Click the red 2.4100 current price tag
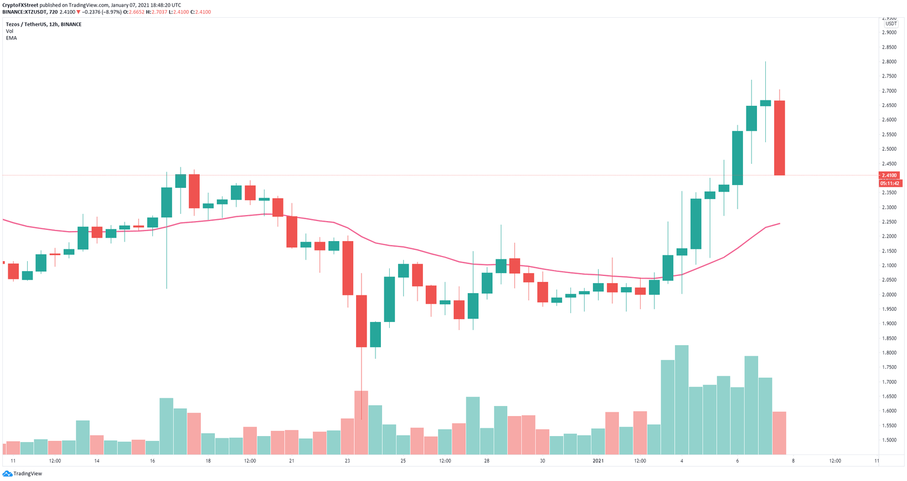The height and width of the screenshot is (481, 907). (x=890, y=175)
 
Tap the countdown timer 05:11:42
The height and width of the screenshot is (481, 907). (x=890, y=183)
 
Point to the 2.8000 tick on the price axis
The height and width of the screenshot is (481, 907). (x=889, y=62)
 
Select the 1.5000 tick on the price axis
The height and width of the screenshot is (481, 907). (x=889, y=440)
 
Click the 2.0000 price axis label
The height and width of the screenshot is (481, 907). (x=889, y=295)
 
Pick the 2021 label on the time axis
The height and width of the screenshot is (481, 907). (x=598, y=461)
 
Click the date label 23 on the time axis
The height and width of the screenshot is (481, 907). (x=347, y=461)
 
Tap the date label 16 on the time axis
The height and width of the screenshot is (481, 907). (x=152, y=461)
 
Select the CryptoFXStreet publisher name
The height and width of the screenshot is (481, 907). (x=20, y=5)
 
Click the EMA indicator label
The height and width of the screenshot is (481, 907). (x=11, y=38)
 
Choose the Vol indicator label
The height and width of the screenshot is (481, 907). (x=9, y=31)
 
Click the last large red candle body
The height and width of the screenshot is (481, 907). (x=779, y=138)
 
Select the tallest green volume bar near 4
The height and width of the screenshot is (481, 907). (x=681, y=399)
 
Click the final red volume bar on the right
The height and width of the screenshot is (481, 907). (x=779, y=433)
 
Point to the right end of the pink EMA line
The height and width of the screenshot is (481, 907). (x=779, y=223)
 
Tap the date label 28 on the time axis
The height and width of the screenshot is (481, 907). (x=487, y=461)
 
